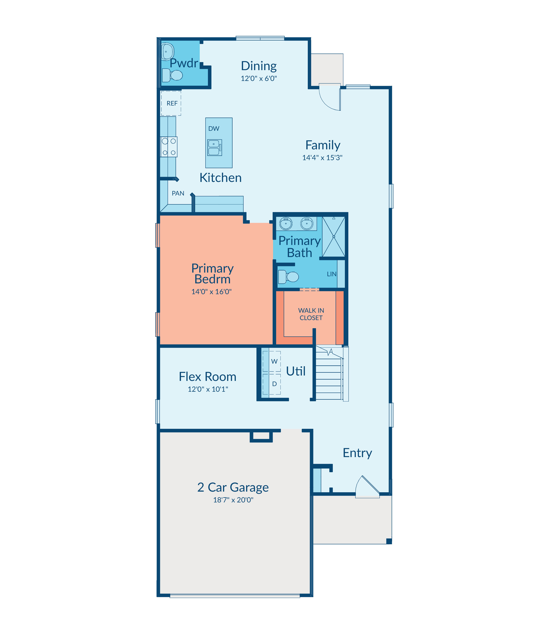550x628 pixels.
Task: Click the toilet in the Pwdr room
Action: [x=172, y=75]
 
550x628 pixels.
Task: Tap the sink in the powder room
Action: [x=168, y=51]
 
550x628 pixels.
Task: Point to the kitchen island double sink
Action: [x=215, y=147]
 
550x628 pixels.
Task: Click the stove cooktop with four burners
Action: [x=169, y=147]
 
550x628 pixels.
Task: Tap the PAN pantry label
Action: [x=178, y=193]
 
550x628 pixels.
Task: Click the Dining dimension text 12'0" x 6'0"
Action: [x=259, y=79]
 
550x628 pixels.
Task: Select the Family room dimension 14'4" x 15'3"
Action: [x=322, y=158]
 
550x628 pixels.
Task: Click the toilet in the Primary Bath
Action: [x=288, y=277]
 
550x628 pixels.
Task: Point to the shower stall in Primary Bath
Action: [x=334, y=237]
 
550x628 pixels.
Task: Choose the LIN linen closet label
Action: [x=332, y=274]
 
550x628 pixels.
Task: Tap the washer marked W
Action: [x=272, y=361]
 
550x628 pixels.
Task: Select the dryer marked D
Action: [x=272, y=384]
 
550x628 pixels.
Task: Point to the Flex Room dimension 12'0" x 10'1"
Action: [x=208, y=389]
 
